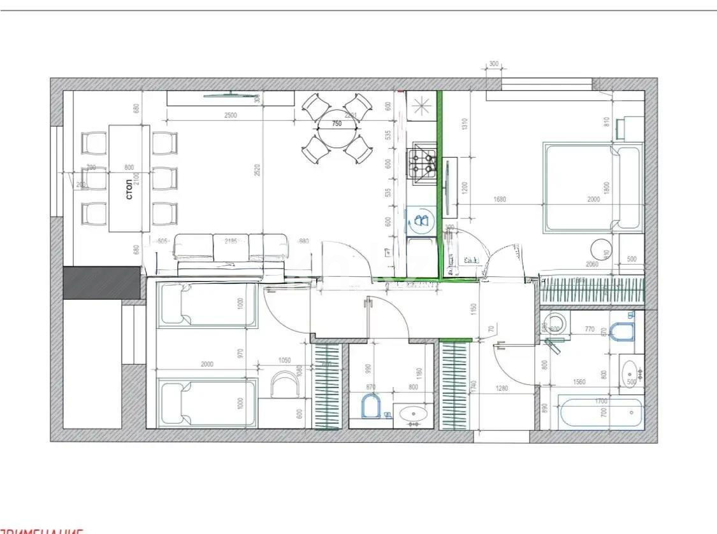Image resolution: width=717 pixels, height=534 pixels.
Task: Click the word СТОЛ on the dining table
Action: pyautogui.click(x=129, y=189)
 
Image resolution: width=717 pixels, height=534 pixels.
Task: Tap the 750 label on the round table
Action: pyautogui.click(x=337, y=125)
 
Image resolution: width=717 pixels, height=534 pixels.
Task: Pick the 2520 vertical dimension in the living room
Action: pyautogui.click(x=257, y=169)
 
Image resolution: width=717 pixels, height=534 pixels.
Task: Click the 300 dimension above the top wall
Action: pyautogui.click(x=493, y=64)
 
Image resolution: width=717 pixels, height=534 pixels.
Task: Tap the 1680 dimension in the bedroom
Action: pyautogui.click(x=500, y=199)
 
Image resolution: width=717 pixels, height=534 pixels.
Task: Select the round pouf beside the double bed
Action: pyautogui.click(x=602, y=249)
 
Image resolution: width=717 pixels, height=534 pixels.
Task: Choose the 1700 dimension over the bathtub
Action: pyautogui.click(x=600, y=402)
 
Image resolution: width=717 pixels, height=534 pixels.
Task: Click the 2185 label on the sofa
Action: pyautogui.click(x=230, y=241)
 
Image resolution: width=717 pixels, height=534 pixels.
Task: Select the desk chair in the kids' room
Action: pyautogui.click(x=284, y=386)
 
